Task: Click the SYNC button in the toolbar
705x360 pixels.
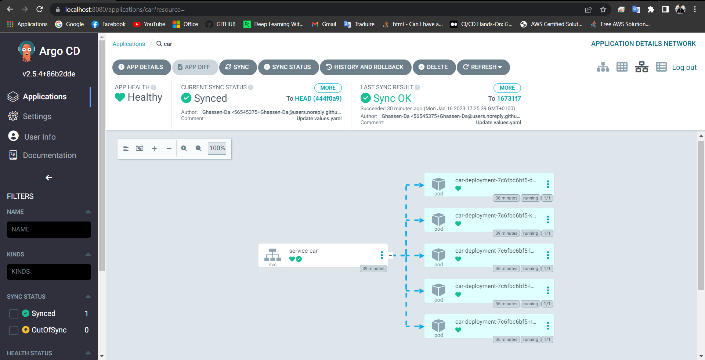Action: (238, 67)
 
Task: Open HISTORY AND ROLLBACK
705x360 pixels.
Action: (365, 67)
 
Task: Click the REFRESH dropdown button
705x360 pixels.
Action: (483, 67)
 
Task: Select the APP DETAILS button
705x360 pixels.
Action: (141, 67)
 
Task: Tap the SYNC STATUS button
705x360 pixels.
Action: (288, 67)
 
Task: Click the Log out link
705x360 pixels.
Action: (684, 67)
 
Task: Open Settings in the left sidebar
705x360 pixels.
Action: (37, 116)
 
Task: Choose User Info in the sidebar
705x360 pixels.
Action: (40, 137)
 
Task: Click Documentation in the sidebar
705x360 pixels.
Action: (49, 155)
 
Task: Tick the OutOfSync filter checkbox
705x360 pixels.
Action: (14, 330)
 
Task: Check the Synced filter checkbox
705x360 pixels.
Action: (14, 314)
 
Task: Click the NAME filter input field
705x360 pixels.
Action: (49, 230)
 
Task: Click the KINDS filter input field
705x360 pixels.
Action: (49, 272)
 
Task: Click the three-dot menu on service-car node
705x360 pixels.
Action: (382, 255)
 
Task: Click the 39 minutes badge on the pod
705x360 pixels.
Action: (506, 233)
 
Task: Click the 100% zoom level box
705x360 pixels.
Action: (217, 148)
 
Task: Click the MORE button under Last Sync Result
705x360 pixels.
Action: (507, 88)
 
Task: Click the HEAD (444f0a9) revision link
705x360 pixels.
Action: (318, 98)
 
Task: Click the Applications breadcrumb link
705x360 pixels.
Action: (129, 44)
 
